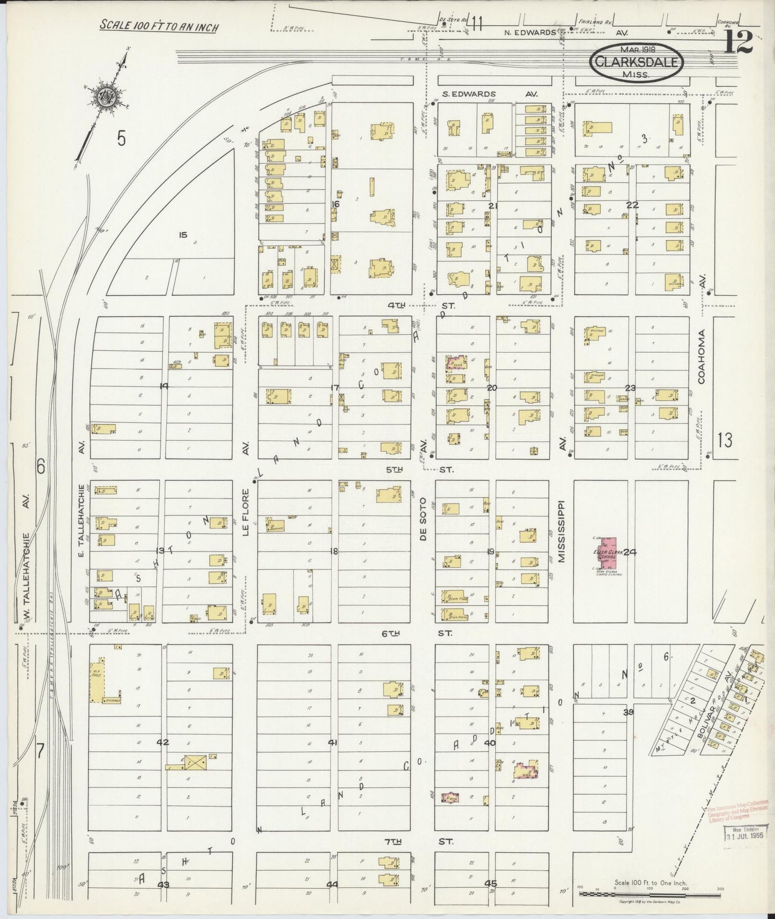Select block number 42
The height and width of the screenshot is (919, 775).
point(163,743)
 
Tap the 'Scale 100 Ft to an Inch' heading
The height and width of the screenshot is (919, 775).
point(159,26)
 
